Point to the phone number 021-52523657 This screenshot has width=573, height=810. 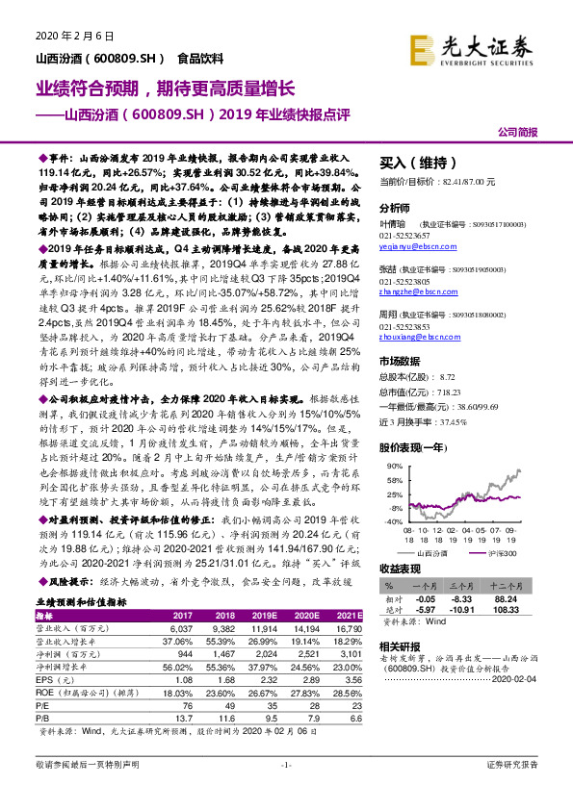405,234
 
